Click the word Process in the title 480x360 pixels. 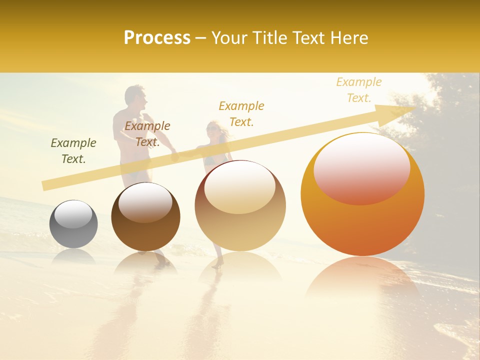(x=157, y=37)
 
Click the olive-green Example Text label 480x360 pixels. (x=73, y=150)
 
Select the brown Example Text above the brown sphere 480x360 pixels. (x=147, y=133)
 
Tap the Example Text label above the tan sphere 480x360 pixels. (x=241, y=113)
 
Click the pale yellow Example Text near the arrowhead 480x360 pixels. (x=358, y=89)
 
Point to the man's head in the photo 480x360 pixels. (x=135, y=97)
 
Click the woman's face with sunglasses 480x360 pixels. (x=212, y=129)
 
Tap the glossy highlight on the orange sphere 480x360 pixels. (x=361, y=167)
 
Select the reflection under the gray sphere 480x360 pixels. (x=73, y=256)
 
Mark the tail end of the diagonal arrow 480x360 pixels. (x=45, y=185)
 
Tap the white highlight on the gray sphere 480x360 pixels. (x=73, y=214)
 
